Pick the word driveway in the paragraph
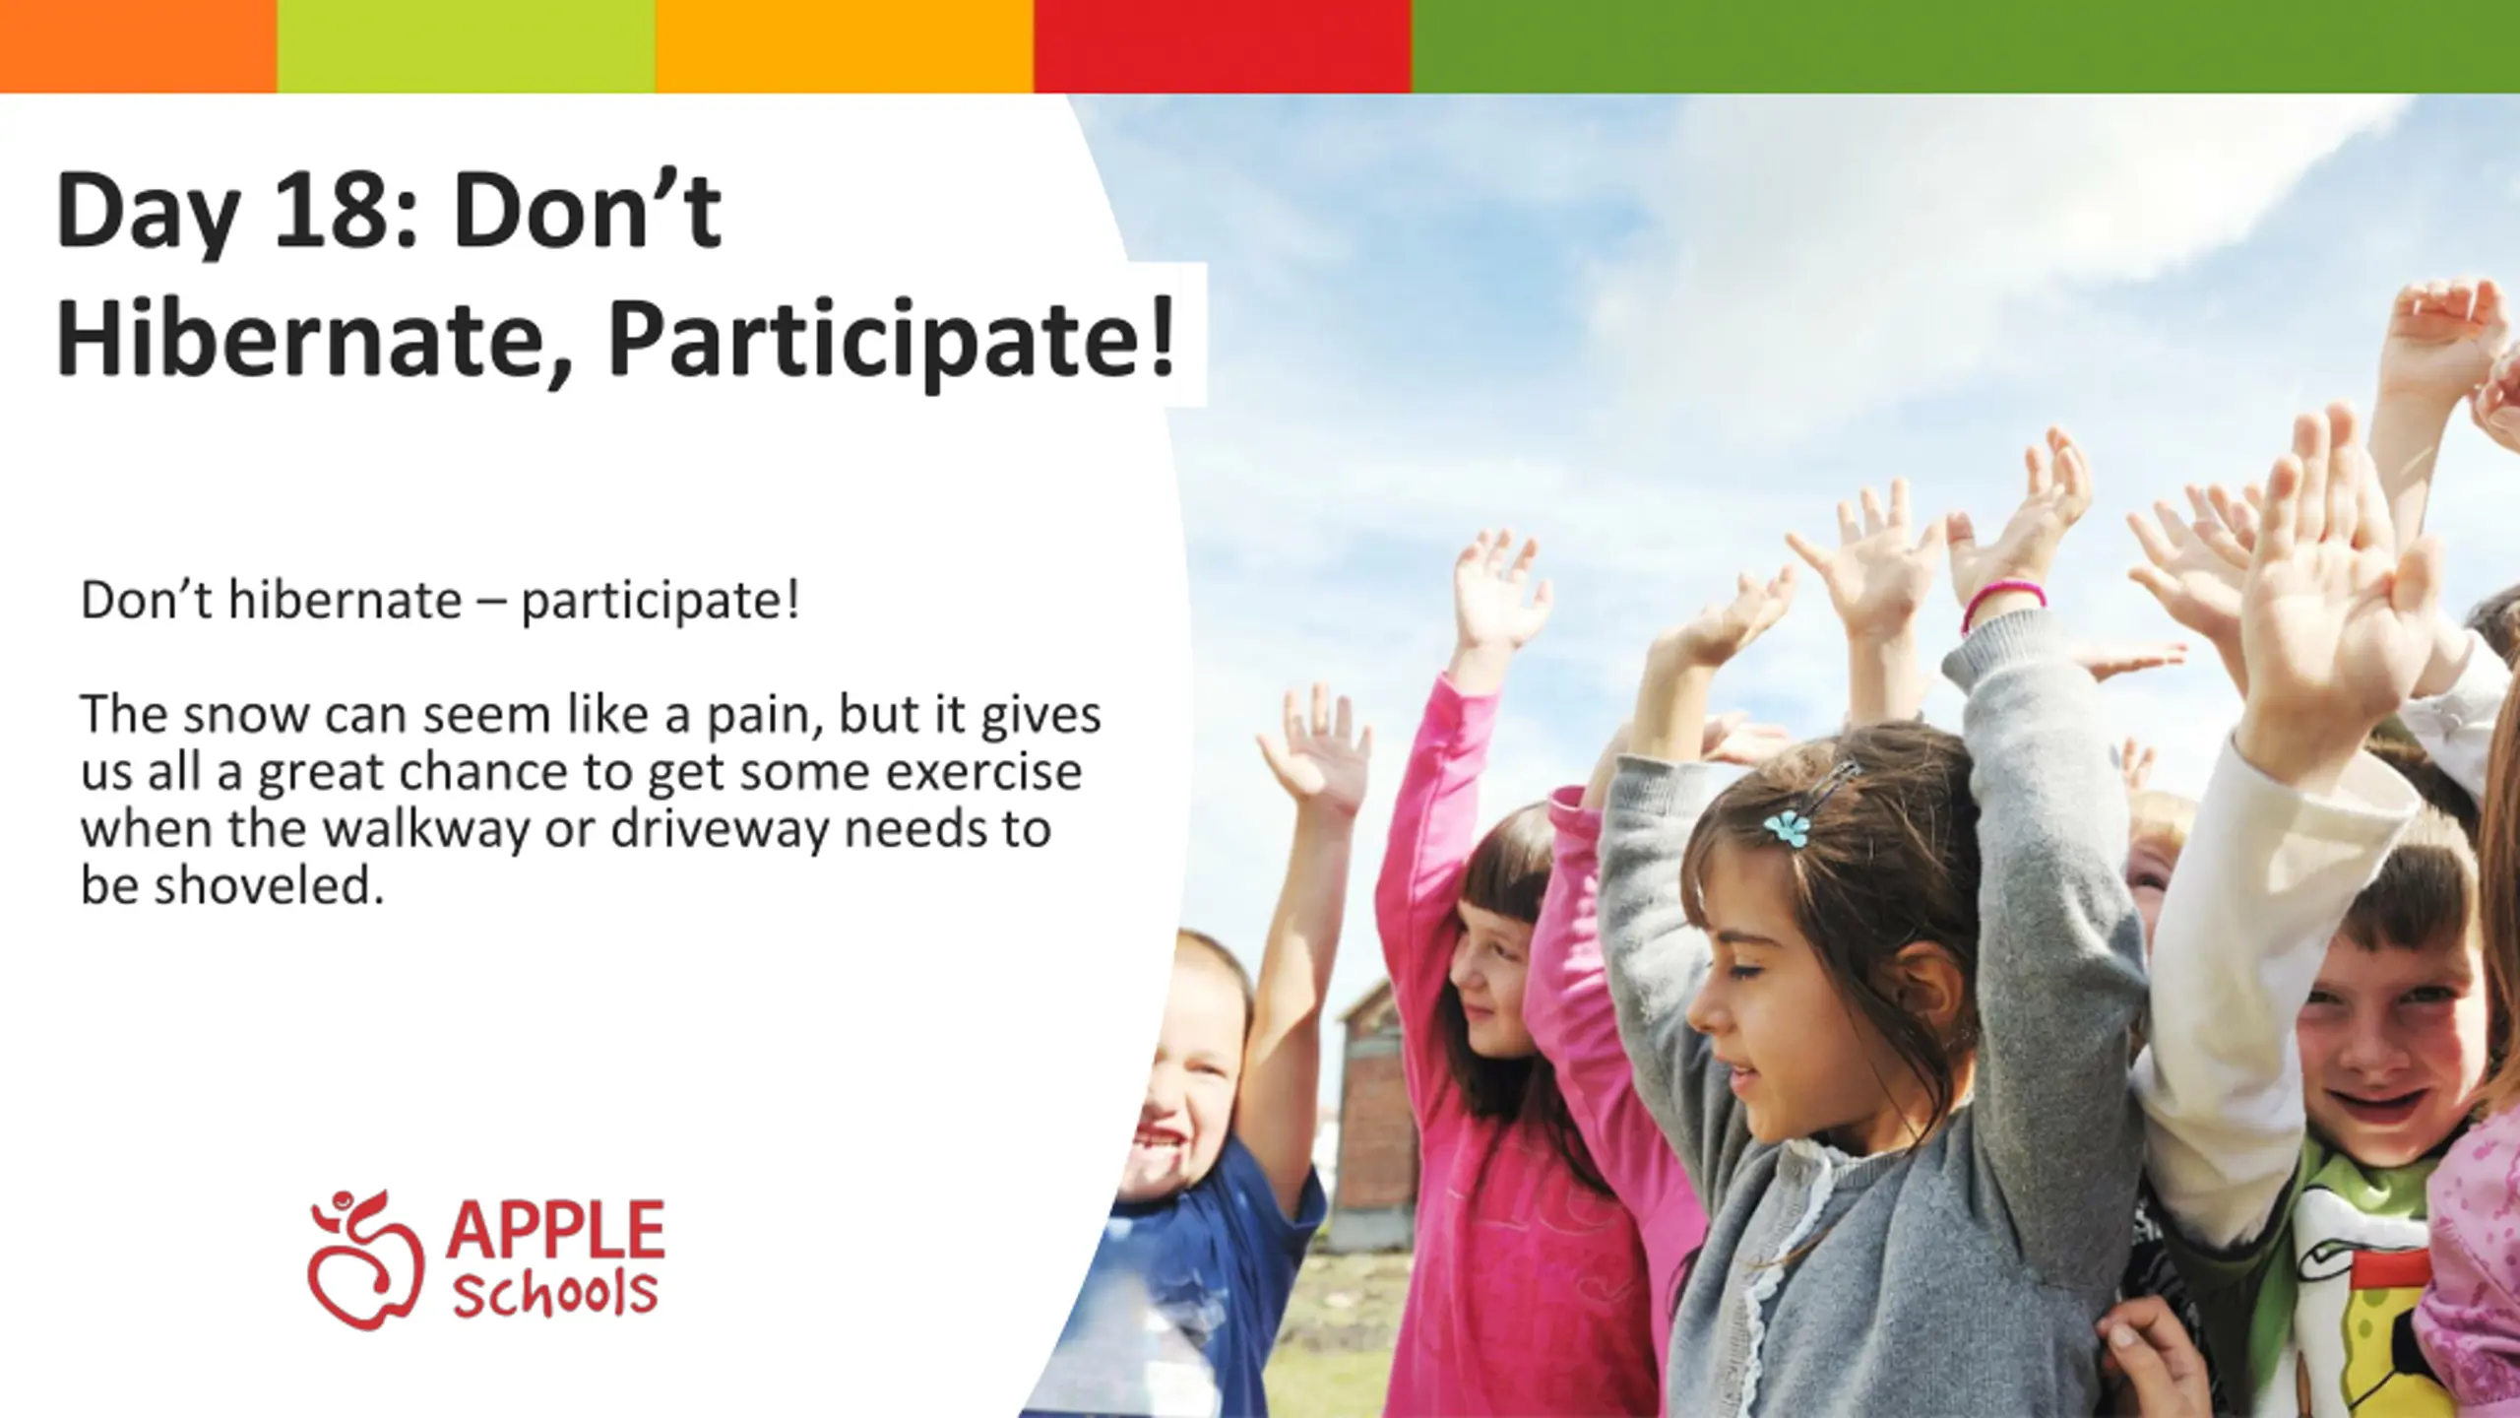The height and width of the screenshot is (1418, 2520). pos(721,830)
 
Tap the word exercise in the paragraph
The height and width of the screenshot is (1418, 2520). pos(983,772)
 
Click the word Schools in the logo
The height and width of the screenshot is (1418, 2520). pos(554,1294)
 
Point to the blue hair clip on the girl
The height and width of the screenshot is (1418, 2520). pos(1788,827)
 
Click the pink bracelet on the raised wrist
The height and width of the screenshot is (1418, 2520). pos(2001,603)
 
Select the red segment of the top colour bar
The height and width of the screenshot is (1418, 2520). pos(1223,46)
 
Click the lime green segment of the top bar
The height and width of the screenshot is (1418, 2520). pos(467,46)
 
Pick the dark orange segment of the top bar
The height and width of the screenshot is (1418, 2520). pos(139,46)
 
